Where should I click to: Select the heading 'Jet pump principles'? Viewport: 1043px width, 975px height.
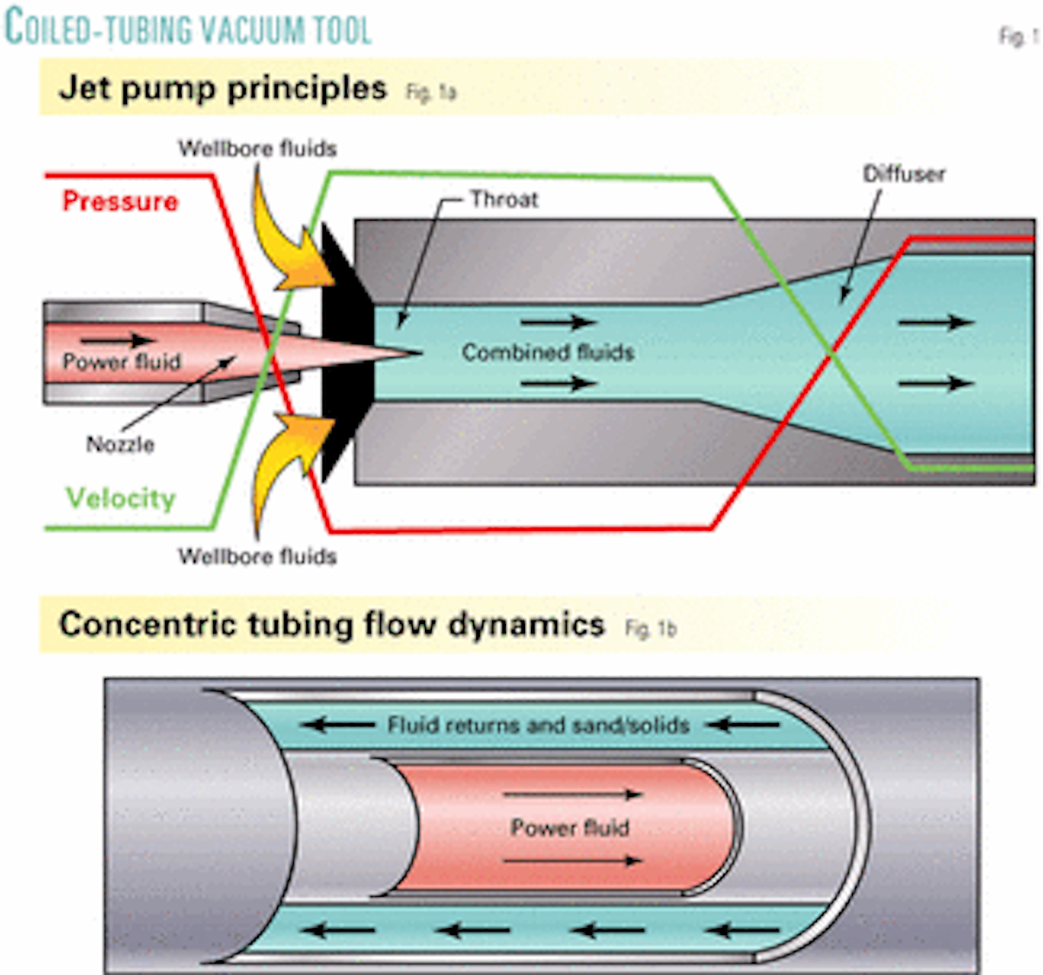click(223, 89)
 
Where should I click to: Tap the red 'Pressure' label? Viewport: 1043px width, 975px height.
click(120, 202)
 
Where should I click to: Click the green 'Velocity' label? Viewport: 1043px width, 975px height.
click(121, 498)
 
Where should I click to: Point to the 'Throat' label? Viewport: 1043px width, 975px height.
click(503, 199)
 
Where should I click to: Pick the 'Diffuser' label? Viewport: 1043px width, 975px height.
click(903, 174)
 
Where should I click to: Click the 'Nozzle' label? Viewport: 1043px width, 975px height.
click(120, 444)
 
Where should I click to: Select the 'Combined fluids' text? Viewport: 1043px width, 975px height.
click(548, 352)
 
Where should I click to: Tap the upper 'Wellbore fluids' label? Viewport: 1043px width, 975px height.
click(257, 149)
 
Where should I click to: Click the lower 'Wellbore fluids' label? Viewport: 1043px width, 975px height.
click(257, 556)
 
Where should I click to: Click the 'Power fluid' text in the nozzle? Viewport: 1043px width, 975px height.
click(122, 361)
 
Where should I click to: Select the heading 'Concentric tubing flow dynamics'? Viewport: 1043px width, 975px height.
click(331, 625)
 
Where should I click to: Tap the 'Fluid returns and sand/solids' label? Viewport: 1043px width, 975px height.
click(538, 725)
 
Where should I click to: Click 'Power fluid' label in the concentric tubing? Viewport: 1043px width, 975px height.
click(569, 827)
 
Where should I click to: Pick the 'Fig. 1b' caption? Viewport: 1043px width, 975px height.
click(650, 628)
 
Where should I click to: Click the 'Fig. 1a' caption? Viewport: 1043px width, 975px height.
click(431, 92)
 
